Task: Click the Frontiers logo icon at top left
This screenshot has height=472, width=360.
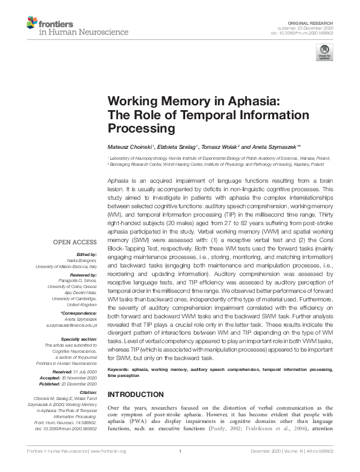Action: (32, 23)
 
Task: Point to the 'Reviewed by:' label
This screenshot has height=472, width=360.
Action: (84, 274)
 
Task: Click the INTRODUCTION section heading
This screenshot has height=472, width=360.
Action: (136, 394)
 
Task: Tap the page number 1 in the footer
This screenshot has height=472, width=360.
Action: (180, 468)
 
